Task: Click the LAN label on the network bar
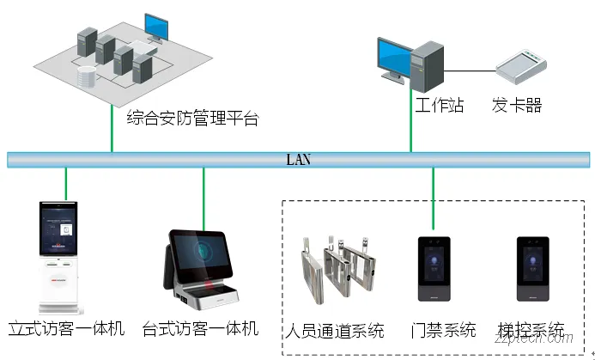point(298,159)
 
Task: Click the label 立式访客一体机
point(66,328)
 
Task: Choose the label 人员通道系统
point(336,330)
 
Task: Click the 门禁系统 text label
point(443,330)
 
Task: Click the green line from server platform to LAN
point(112,129)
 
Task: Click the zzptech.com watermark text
point(549,348)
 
